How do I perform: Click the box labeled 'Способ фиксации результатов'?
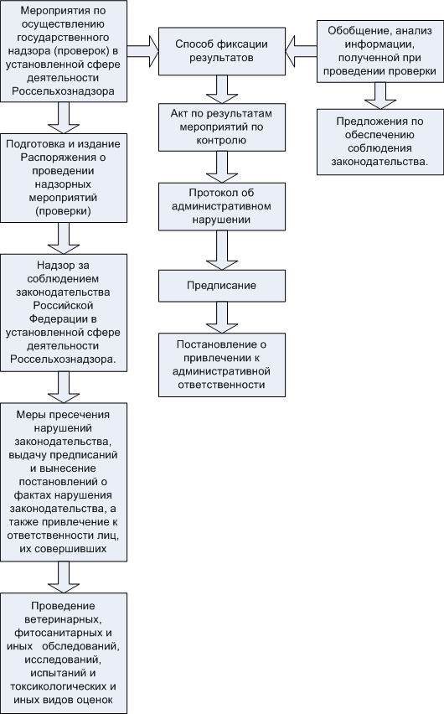pos(222,51)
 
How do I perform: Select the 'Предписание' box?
pos(222,286)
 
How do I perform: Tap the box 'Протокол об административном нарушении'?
pos(222,206)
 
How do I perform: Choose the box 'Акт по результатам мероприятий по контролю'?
pos(222,127)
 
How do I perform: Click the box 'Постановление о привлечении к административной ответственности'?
pos(222,365)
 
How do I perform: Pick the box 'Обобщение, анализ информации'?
pos(380,51)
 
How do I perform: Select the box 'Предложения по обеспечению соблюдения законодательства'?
pos(380,142)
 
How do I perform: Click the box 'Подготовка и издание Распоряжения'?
pos(64,178)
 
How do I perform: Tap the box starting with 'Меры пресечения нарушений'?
pos(64,482)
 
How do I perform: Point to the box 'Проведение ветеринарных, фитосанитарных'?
pos(64,653)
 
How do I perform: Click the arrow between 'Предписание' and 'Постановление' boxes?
pos(222,318)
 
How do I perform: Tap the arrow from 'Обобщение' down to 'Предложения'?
pos(380,96)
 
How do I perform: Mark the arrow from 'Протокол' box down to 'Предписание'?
pos(222,250)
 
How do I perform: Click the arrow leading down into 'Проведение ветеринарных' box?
pos(64,577)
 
